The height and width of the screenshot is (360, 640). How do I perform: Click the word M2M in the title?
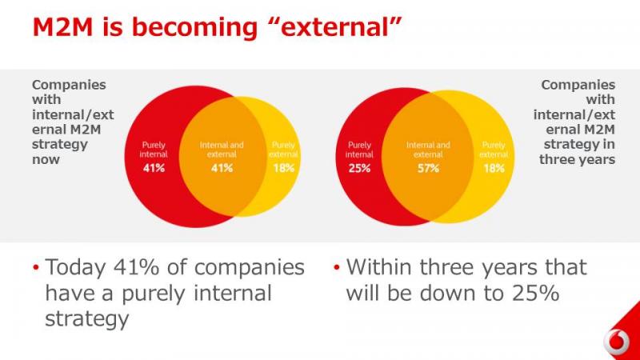tap(62, 27)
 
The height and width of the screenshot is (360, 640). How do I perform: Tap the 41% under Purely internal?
tap(154, 168)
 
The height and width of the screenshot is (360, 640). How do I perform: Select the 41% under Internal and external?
tap(222, 168)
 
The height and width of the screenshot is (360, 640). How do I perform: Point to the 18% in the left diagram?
tap(283, 168)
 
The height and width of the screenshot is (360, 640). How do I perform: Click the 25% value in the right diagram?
tap(359, 168)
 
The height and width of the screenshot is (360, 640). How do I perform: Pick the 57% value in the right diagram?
tap(428, 168)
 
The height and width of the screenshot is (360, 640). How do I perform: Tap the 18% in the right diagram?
tap(494, 168)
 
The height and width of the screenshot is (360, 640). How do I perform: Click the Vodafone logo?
tap(616, 342)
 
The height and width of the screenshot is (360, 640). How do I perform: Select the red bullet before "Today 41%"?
tap(36, 268)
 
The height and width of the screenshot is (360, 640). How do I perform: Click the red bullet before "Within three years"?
tap(337, 268)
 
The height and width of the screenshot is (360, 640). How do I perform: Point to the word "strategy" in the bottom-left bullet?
tap(87, 318)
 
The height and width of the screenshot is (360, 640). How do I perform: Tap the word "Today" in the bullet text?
tap(75, 268)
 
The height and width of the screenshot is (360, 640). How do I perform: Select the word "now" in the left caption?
tap(46, 159)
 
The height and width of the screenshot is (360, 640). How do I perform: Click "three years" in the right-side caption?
tap(577, 159)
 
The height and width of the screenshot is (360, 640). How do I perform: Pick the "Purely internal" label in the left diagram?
tap(154, 150)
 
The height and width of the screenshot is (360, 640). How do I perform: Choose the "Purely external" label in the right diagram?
tap(494, 150)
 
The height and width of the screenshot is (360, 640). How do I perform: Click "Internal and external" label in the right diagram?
tap(428, 150)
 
